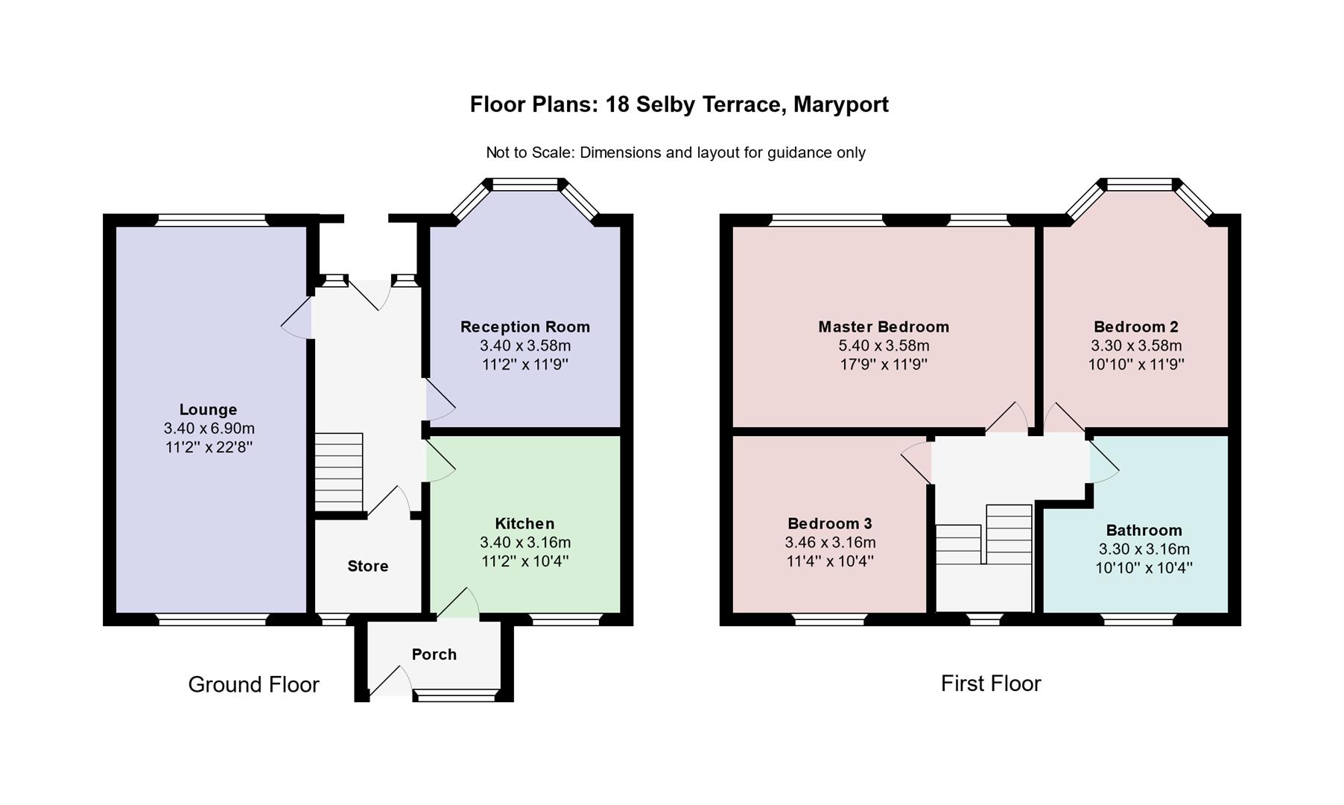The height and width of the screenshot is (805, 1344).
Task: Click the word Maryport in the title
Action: click(840, 104)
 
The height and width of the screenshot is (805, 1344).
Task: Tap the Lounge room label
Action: click(208, 409)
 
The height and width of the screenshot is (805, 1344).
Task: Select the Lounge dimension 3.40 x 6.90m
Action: click(209, 429)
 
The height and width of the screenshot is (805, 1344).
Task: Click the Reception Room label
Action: click(525, 326)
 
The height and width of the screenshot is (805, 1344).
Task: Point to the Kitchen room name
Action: click(525, 523)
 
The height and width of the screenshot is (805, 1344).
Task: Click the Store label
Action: click(368, 566)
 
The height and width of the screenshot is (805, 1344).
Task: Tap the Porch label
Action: click(434, 654)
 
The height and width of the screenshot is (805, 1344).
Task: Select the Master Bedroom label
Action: click(884, 326)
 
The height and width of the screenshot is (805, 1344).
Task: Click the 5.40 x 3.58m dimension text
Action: click(884, 346)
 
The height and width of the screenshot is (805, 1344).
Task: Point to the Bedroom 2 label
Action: click(1136, 326)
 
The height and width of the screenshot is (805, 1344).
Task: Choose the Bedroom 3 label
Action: click(830, 523)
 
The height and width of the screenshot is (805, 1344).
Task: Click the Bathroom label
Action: click(1144, 530)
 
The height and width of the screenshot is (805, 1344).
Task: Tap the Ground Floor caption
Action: click(253, 684)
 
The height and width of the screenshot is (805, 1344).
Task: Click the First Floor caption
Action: click(991, 683)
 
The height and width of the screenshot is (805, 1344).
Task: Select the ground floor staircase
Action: click(338, 472)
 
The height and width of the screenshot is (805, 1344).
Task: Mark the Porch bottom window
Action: click(454, 695)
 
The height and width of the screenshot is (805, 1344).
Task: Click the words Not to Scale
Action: click(530, 153)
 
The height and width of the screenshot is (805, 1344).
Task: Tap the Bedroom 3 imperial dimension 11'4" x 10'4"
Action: click(830, 561)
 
